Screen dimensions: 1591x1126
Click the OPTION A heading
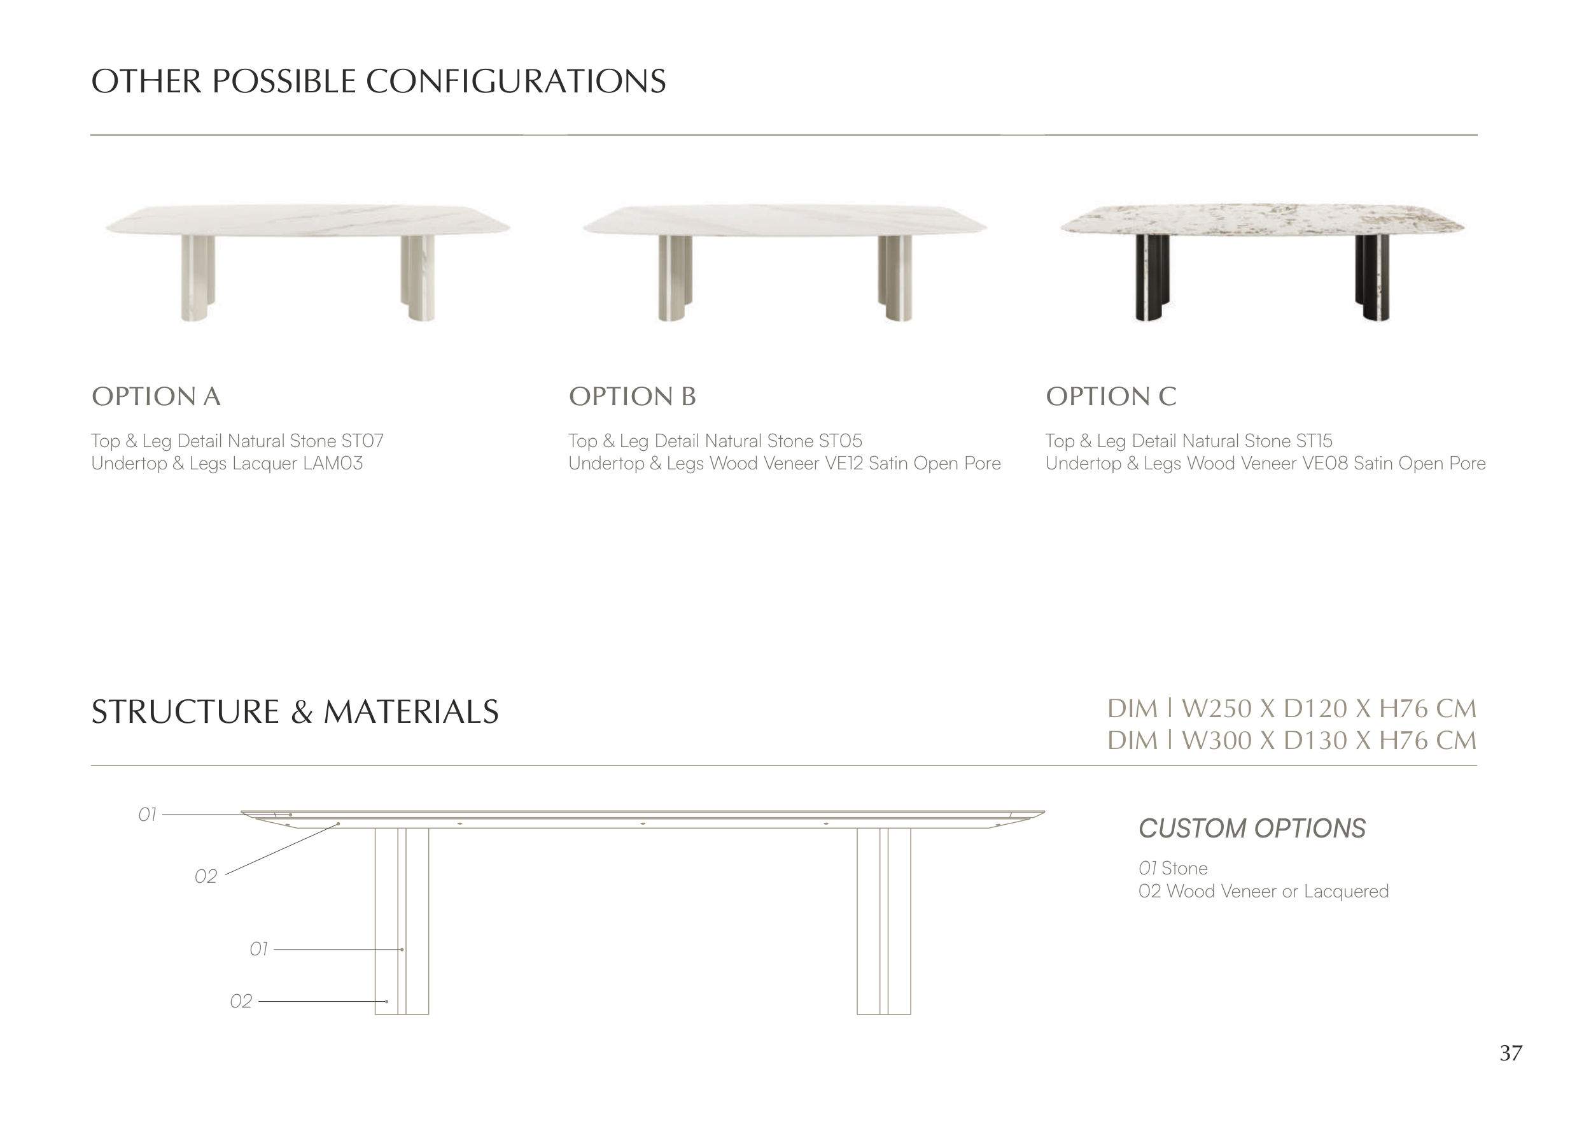156,397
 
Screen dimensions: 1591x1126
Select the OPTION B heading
632,397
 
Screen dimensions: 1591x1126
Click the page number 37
1511,1053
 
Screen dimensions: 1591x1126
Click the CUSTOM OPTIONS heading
1252,829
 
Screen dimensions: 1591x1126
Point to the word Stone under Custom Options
1184,868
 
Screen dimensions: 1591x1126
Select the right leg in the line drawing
883,922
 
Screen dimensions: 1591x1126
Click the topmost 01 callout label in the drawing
148,815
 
